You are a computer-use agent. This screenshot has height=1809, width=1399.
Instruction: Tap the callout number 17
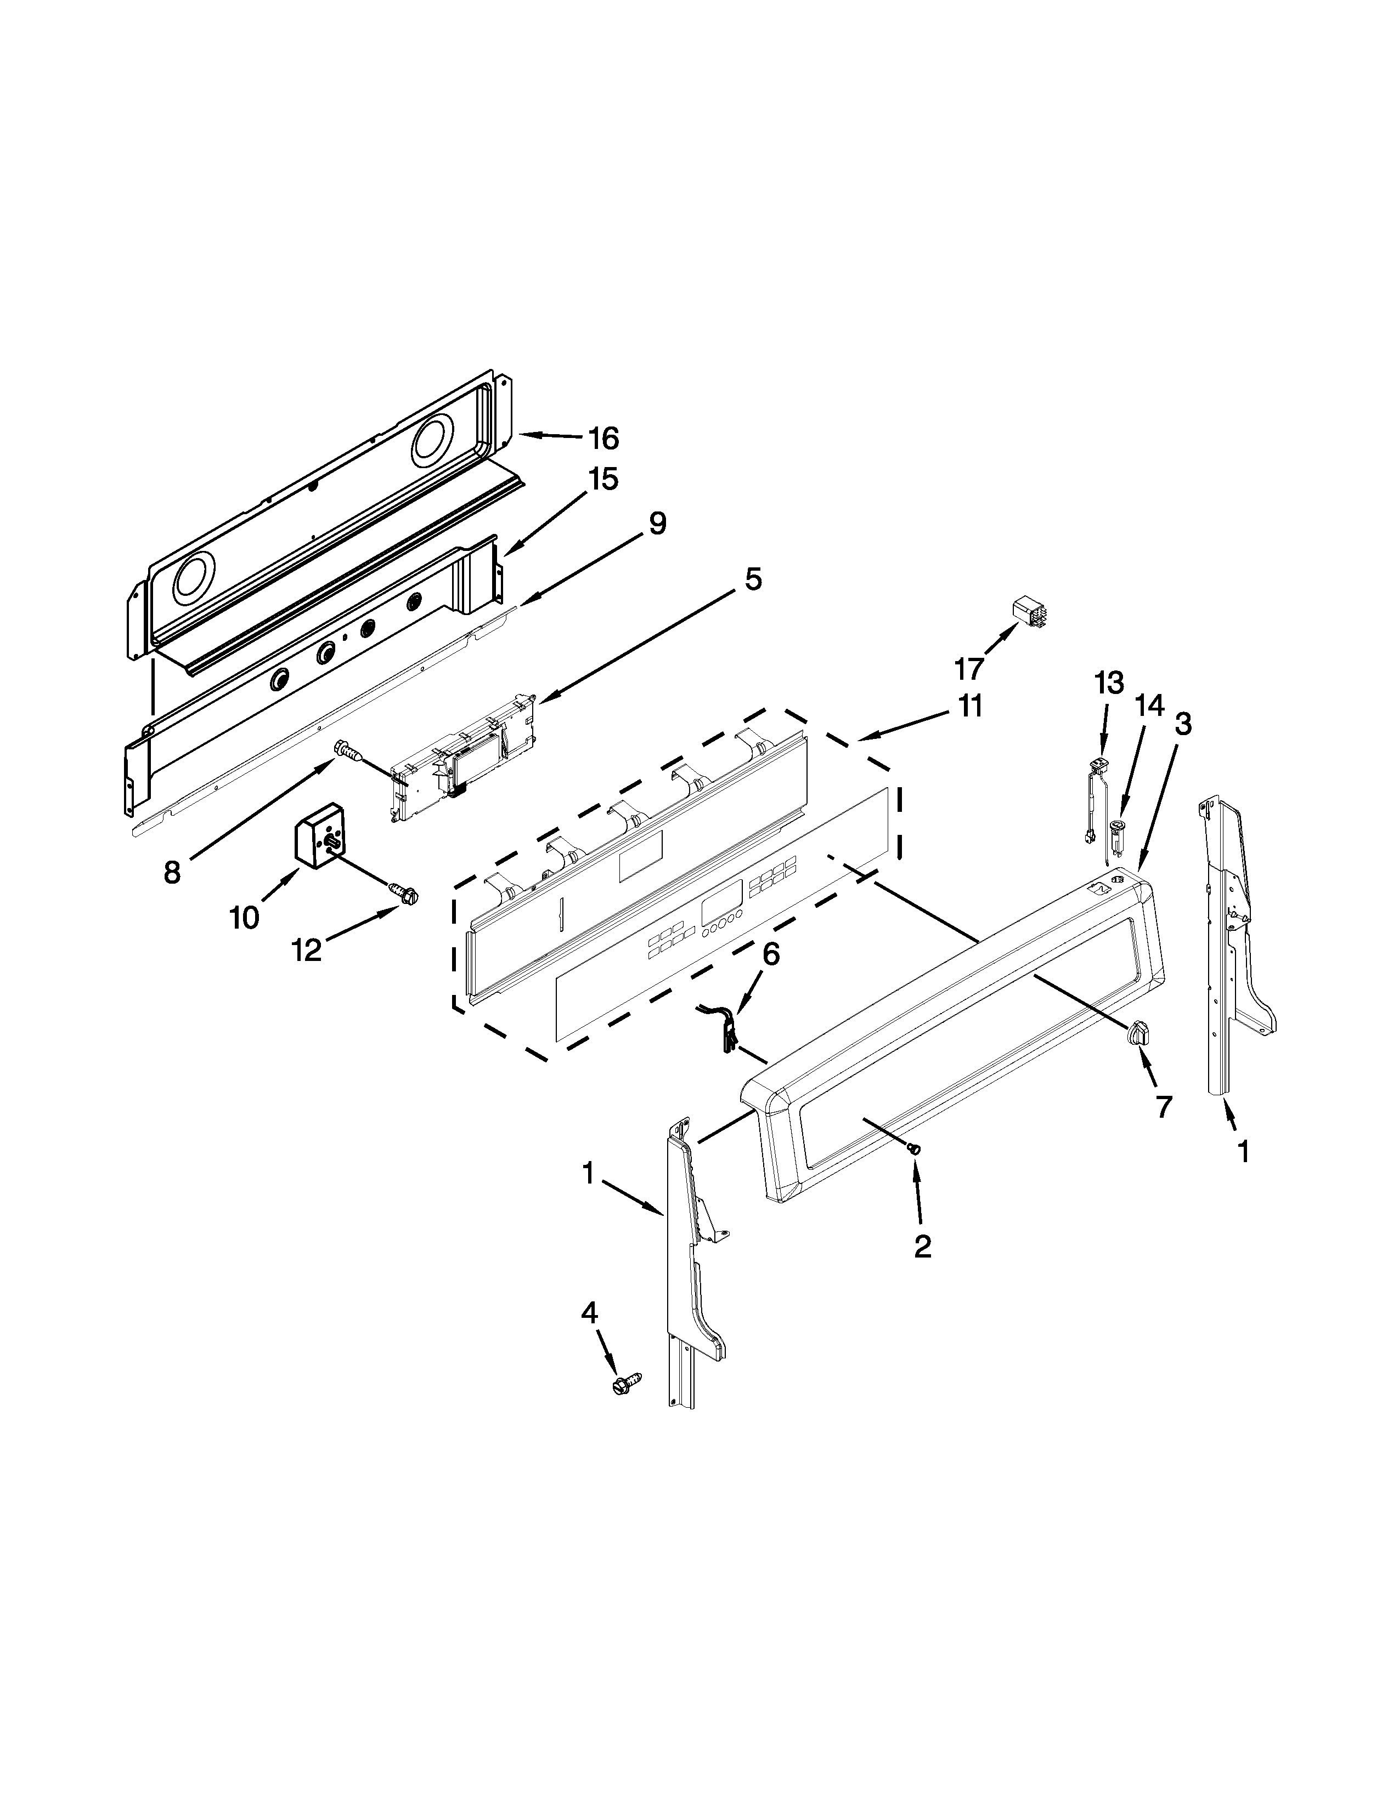[968, 668]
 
